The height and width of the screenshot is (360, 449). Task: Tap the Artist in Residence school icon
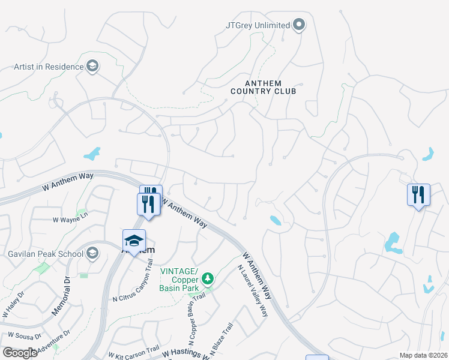pos(92,66)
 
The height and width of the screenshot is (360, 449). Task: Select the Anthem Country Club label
pos(264,87)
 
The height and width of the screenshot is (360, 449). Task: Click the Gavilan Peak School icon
pos(92,253)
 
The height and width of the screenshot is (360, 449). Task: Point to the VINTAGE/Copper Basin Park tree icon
pos(208,278)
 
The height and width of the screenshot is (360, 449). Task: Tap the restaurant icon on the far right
pos(418,194)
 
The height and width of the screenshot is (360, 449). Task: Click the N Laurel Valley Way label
pos(252,291)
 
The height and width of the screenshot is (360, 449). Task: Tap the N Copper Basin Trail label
pos(190,325)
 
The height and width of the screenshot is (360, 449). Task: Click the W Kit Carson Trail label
pos(133,350)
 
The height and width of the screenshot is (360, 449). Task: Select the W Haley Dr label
pos(13,305)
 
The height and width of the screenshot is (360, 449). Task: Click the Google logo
pos(20,353)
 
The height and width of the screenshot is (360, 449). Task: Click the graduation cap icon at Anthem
pos(134,241)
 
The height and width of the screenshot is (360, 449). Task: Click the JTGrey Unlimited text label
pos(258,25)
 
